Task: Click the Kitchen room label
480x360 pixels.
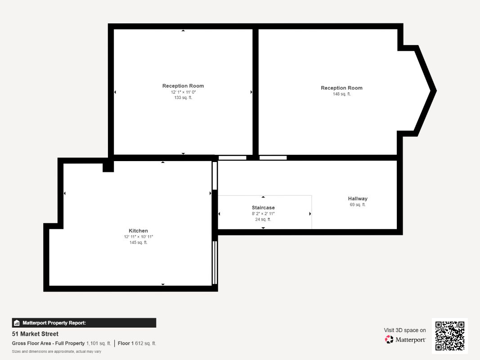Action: click(x=139, y=231)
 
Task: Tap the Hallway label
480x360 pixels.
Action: click(x=358, y=198)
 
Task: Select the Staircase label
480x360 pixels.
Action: click(x=263, y=207)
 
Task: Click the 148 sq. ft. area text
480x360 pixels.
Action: click(x=341, y=94)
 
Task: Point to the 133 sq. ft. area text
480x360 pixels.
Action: click(x=183, y=98)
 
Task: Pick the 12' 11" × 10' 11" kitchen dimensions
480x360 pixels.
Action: click(x=139, y=237)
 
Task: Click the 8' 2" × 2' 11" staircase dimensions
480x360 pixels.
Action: click(x=263, y=214)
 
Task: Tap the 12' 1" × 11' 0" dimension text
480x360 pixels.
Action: click(x=183, y=92)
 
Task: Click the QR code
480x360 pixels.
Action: click(x=450, y=336)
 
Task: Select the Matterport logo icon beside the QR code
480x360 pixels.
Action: click(x=389, y=339)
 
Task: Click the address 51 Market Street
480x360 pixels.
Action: click(x=35, y=334)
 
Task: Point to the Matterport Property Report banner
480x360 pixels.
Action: click(x=84, y=323)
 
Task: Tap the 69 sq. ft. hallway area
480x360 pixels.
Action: click(x=358, y=204)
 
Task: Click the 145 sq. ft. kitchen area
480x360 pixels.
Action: click(x=139, y=243)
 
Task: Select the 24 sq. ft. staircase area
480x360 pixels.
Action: click(x=263, y=220)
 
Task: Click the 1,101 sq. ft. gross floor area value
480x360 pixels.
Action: click(x=99, y=343)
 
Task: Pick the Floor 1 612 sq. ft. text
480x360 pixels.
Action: click(x=137, y=343)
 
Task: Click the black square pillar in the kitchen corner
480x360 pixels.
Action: click(x=108, y=166)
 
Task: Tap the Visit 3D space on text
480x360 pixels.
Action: click(x=405, y=330)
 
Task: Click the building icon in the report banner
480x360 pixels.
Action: click(x=17, y=323)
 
